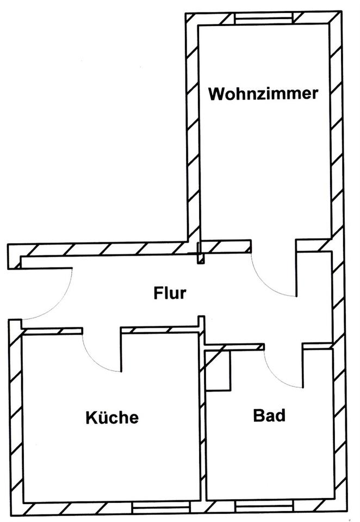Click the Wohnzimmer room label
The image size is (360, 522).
coord(263,94)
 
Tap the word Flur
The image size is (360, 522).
coord(169,294)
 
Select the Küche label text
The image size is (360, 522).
coord(112,418)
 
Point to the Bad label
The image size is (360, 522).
coord(269,417)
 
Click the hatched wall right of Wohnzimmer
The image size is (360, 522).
coord(337,130)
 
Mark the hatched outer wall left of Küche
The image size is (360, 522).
coord(15,413)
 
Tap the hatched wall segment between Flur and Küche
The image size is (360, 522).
coord(158,330)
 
